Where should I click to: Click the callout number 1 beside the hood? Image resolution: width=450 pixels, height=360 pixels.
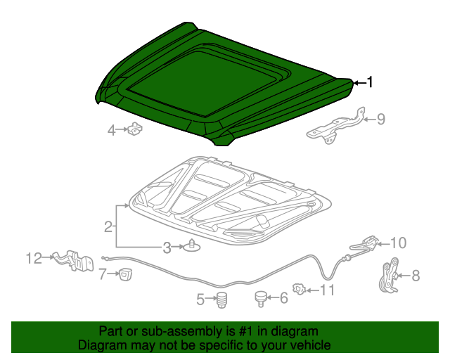pyautogui.click(x=369, y=82)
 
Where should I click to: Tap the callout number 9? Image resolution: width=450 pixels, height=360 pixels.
pyautogui.click(x=380, y=119)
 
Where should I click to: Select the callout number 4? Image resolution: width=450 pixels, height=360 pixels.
pyautogui.click(x=111, y=130)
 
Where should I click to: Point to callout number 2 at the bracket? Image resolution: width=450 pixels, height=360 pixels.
pyautogui.click(x=108, y=226)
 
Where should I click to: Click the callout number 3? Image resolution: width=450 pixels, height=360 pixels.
pyautogui.click(x=167, y=247)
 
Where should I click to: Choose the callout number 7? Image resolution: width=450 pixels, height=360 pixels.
pyautogui.click(x=103, y=273)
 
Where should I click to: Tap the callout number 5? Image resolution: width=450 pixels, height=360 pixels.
pyautogui.click(x=200, y=300)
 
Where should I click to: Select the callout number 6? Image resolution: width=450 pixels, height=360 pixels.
pyautogui.click(x=284, y=298)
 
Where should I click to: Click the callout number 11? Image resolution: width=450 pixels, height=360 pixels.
pyautogui.click(x=328, y=289)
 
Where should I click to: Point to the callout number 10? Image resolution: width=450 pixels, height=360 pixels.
pyautogui.click(x=398, y=243)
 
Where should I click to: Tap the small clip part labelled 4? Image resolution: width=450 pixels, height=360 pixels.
pyautogui.click(x=135, y=129)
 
